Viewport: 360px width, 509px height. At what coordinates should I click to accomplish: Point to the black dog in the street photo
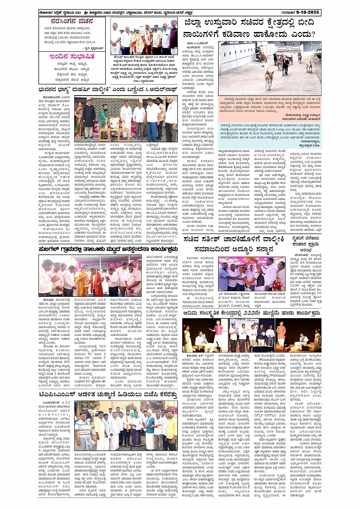point(285,65)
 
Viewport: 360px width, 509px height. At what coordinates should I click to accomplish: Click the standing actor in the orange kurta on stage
point(281,333)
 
